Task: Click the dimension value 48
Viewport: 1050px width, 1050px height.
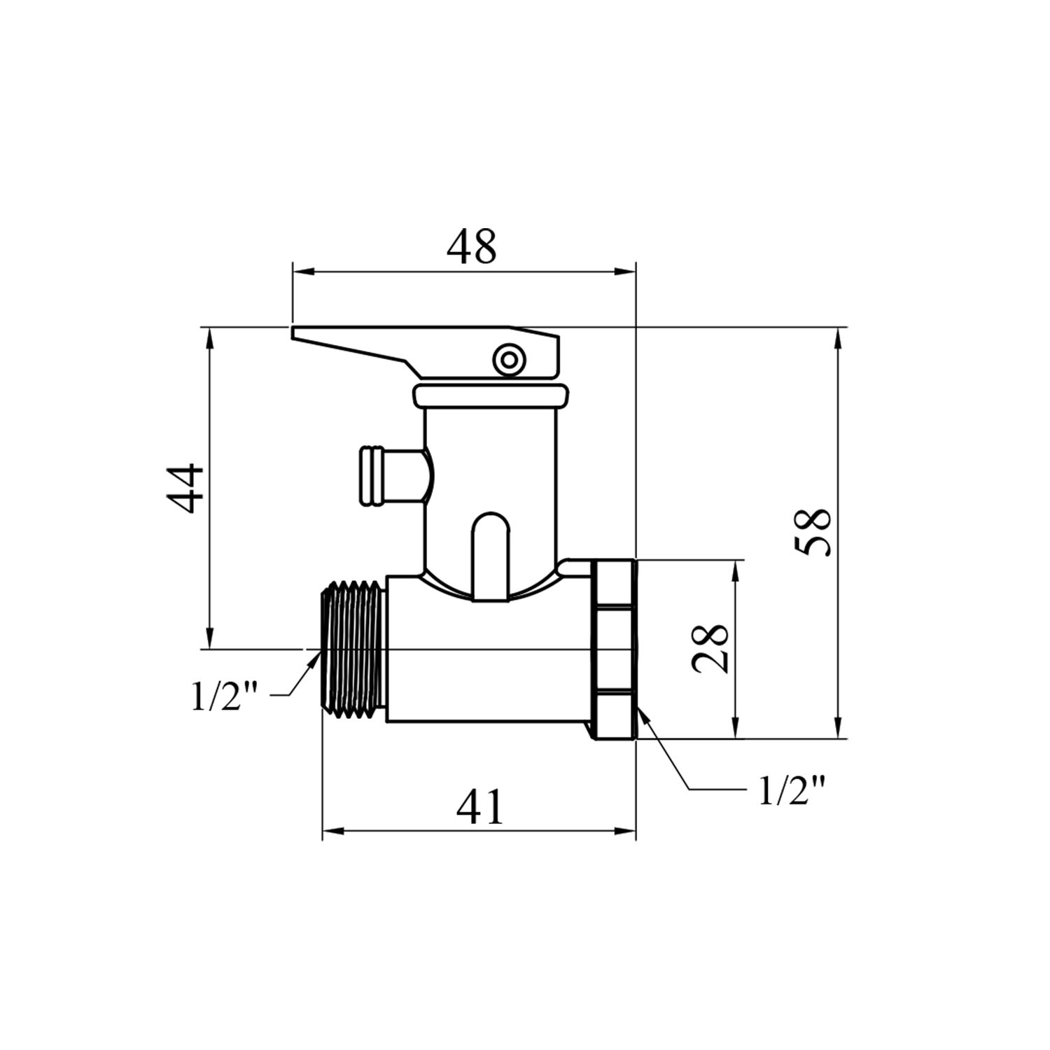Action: point(471,246)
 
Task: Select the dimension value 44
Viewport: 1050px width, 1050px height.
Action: point(185,488)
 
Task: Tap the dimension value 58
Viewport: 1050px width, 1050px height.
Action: point(815,532)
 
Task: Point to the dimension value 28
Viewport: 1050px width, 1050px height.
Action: point(712,648)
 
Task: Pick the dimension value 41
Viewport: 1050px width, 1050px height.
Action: point(479,807)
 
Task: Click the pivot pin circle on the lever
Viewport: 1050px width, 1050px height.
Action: point(507,360)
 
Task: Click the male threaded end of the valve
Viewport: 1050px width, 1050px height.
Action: point(353,648)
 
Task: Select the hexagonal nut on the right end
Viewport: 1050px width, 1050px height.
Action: point(615,648)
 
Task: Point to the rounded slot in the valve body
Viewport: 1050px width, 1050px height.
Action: point(490,556)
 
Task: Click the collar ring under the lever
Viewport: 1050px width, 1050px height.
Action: point(490,395)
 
